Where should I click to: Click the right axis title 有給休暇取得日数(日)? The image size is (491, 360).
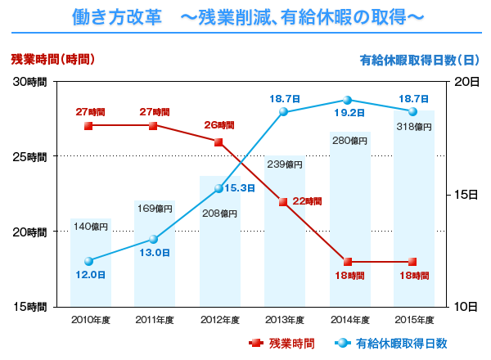coord(420,60)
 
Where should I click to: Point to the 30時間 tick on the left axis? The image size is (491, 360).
coord(30,82)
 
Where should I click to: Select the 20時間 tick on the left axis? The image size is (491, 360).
coord(30,232)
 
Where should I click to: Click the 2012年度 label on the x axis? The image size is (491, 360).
coord(218,320)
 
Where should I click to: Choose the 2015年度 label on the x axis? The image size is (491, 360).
coord(412,320)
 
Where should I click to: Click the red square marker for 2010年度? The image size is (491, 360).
coord(88,126)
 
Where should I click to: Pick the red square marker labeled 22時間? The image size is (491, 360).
coord(282,201)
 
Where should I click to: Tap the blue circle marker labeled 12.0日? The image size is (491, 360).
coord(88,261)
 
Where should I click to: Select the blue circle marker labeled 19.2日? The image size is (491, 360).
coord(347,100)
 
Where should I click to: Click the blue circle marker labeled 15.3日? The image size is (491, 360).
coord(218,188)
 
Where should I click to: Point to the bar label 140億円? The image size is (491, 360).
coord(90,227)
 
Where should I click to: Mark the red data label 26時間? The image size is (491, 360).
coord(219,126)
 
